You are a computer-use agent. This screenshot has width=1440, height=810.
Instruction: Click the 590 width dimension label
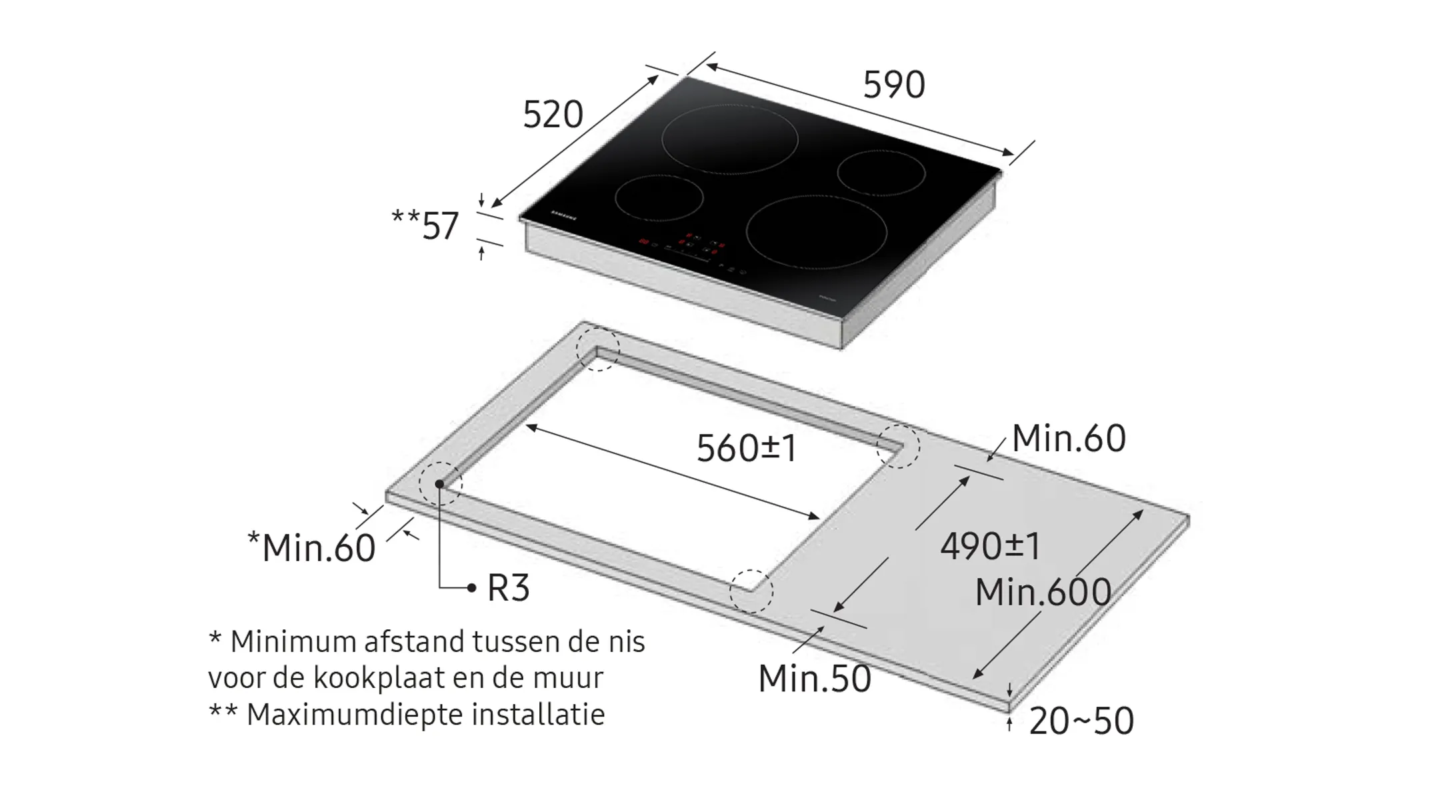pyautogui.click(x=894, y=85)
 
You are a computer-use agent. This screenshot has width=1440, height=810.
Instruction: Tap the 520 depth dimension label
pyautogui.click(x=553, y=115)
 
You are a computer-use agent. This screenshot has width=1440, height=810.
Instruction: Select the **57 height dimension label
pyautogui.click(x=425, y=225)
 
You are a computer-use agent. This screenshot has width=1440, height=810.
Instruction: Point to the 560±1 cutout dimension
pyautogui.click(x=746, y=448)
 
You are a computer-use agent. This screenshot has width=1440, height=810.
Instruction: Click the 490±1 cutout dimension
pyautogui.click(x=990, y=546)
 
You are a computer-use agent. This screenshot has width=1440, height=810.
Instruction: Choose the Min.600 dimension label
pyautogui.click(x=1043, y=592)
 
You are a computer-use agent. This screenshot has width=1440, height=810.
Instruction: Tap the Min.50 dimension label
pyautogui.click(x=815, y=679)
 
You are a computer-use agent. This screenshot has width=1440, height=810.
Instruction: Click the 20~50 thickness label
pyautogui.click(x=1081, y=721)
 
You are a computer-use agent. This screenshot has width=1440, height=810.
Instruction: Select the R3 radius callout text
pyautogui.click(x=508, y=588)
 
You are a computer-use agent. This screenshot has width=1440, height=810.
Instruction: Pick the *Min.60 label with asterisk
pyautogui.click(x=311, y=548)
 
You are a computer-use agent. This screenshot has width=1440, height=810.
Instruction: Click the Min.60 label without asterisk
pyautogui.click(x=1069, y=439)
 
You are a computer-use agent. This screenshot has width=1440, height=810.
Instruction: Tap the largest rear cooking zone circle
pyautogui.click(x=730, y=139)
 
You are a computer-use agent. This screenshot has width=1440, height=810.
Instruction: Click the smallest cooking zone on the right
pyautogui.click(x=881, y=173)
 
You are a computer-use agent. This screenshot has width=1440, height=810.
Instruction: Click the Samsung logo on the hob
pyautogui.click(x=563, y=215)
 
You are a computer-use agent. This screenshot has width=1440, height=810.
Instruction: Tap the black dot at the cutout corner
pyautogui.click(x=440, y=484)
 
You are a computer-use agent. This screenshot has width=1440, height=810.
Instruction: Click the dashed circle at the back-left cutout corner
pyautogui.click(x=598, y=349)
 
